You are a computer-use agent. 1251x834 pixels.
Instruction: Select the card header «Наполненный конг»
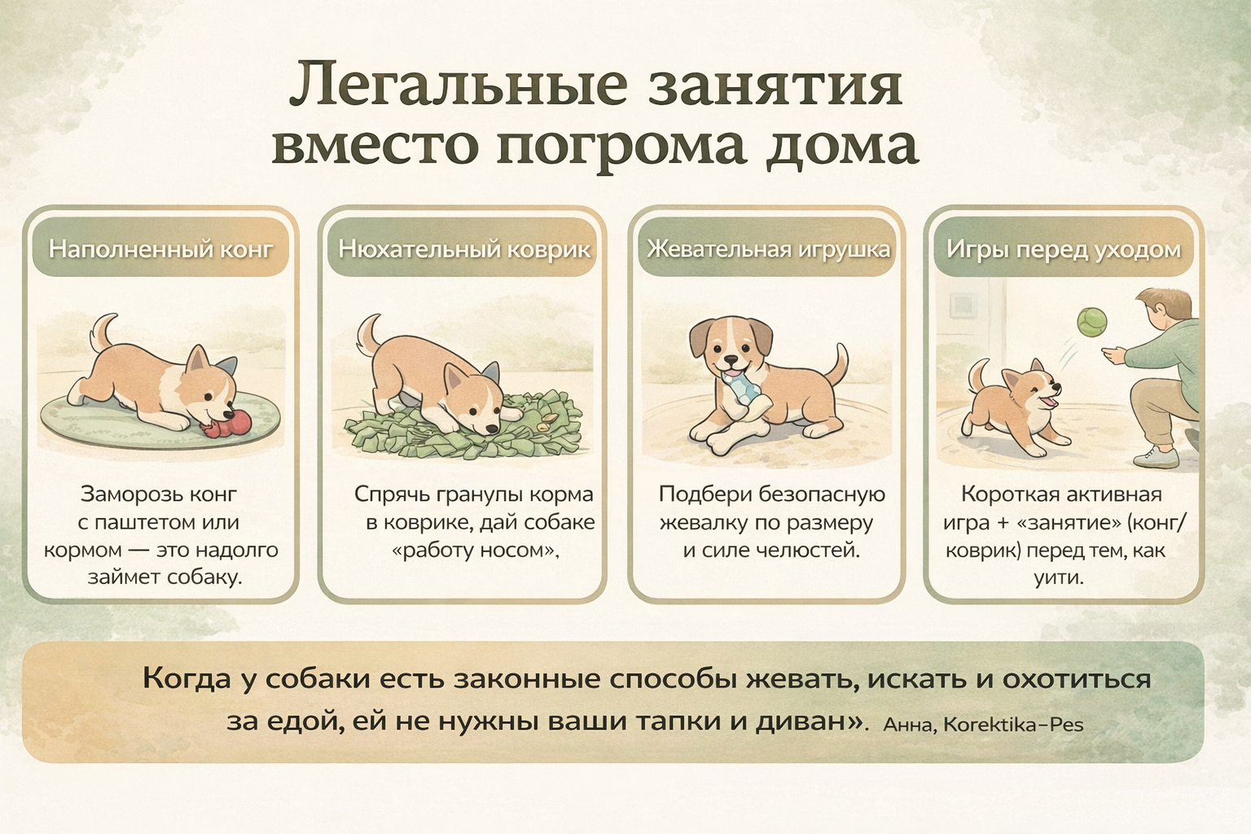point(160,249)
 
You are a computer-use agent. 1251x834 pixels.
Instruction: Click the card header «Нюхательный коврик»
point(464,249)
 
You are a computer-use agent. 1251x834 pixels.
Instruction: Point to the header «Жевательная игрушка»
point(768,249)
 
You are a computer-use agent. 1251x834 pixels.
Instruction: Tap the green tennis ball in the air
point(1092,322)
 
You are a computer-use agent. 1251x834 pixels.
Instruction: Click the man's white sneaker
point(1156,459)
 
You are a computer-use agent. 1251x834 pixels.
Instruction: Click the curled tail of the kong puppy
point(102,331)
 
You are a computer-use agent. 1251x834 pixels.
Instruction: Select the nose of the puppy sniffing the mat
point(493,428)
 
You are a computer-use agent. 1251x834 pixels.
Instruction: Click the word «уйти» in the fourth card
point(1058,577)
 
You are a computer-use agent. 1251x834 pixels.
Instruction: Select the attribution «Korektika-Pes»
point(1013,725)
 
